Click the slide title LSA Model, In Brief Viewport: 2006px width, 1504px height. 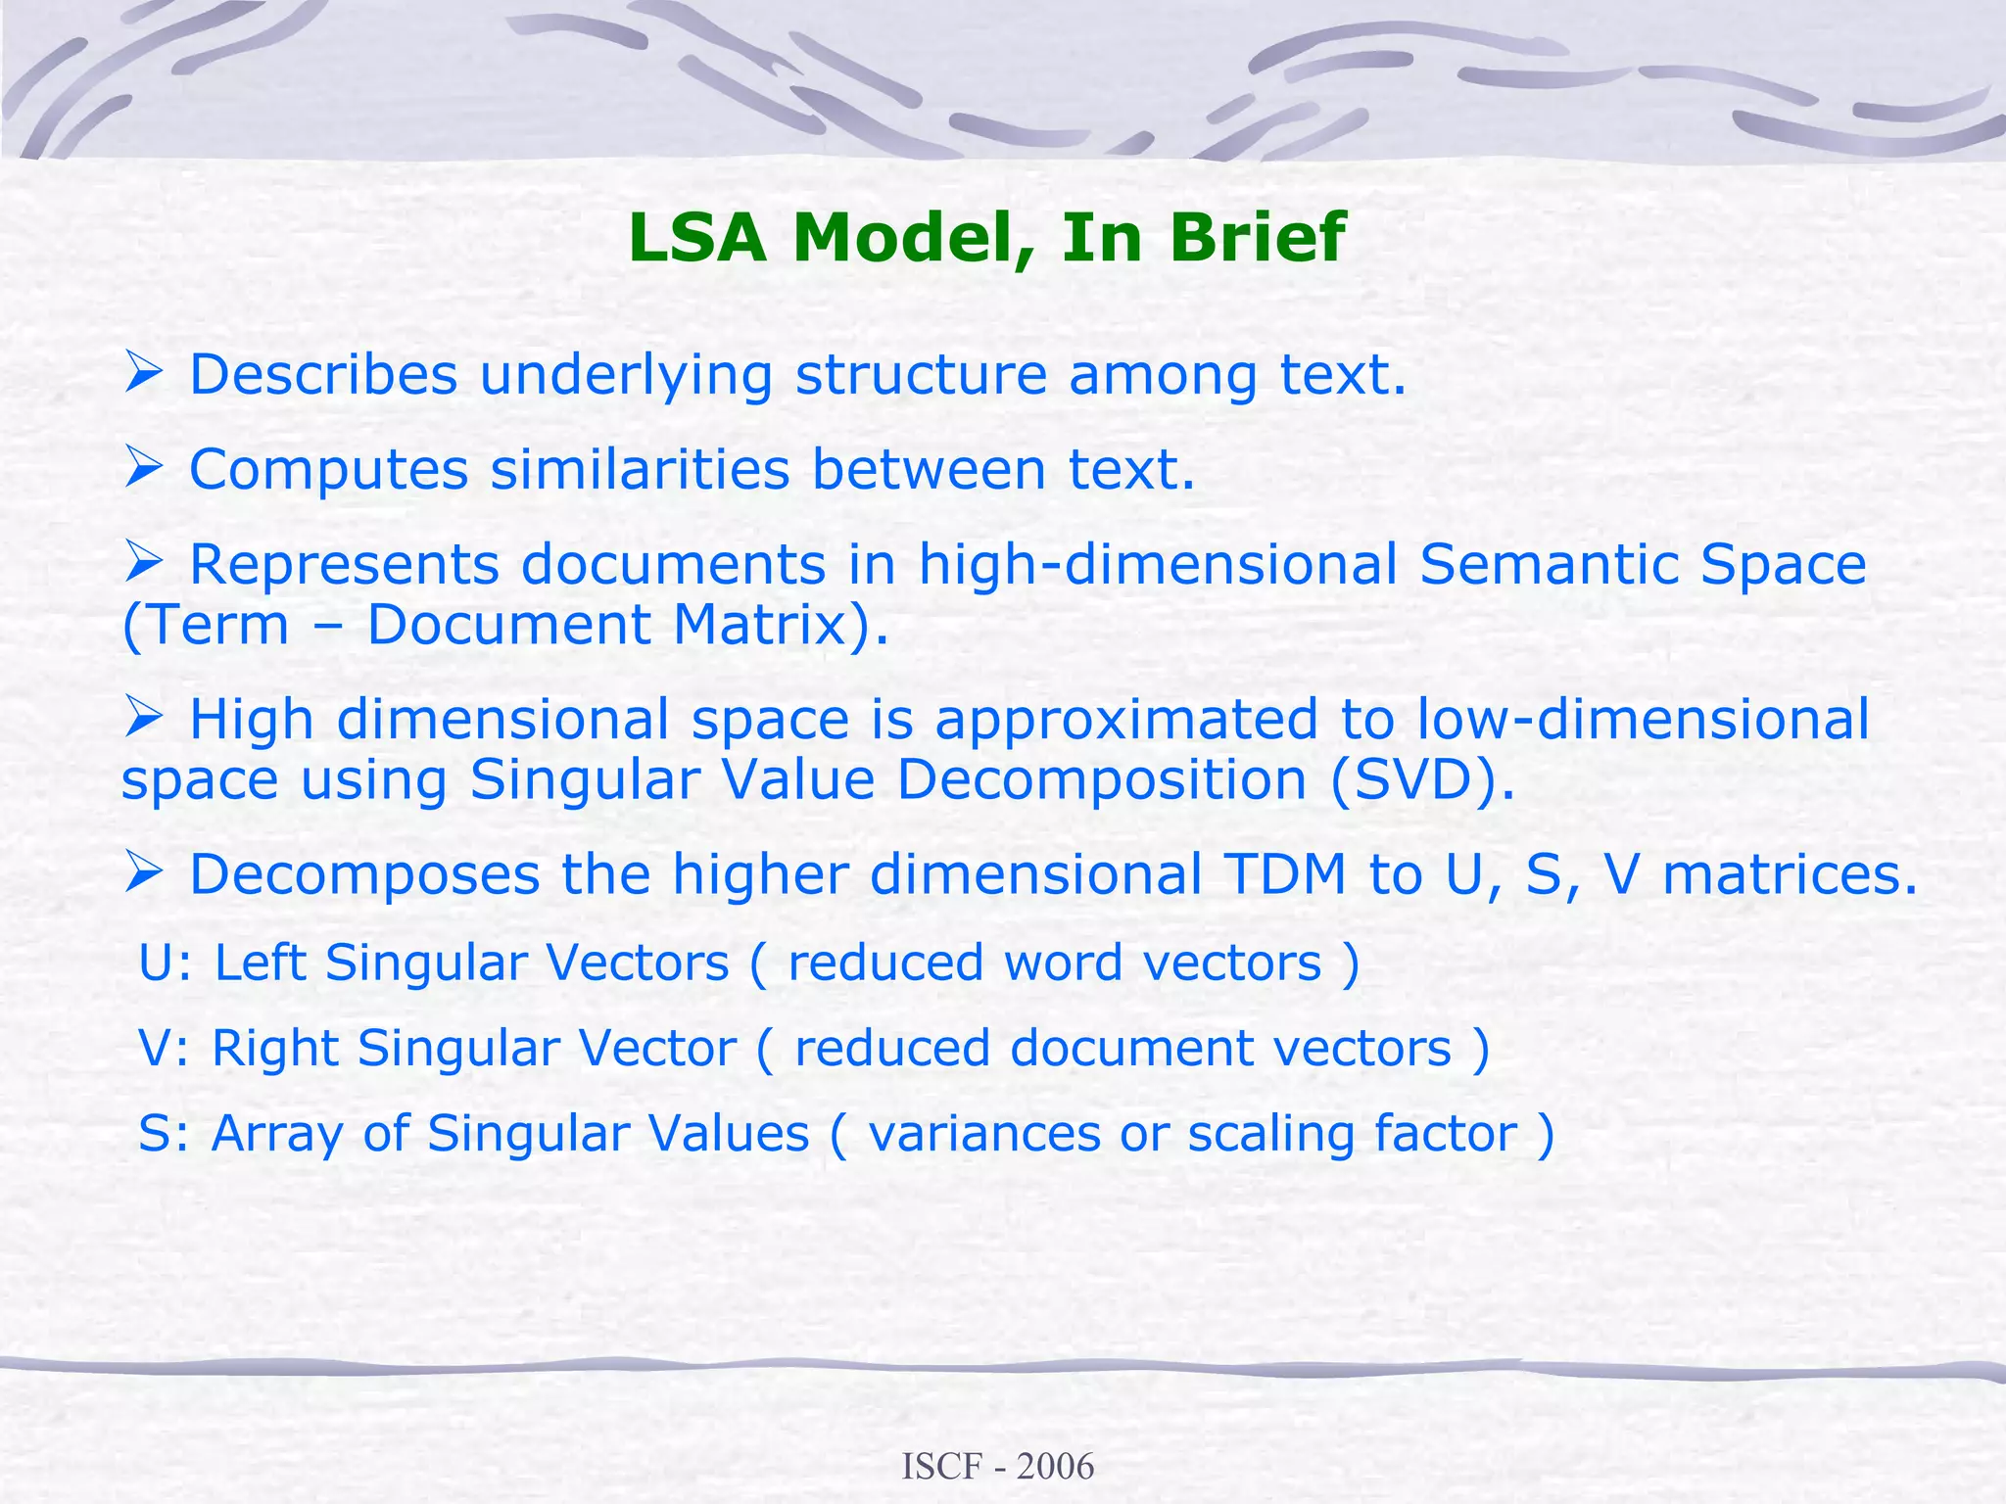(986, 238)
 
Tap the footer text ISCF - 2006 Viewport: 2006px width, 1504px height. (997, 1466)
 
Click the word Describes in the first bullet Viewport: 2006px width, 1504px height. (323, 375)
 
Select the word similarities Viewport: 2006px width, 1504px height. (640, 470)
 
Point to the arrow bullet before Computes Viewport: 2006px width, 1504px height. (143, 468)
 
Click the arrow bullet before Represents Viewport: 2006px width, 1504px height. (143, 563)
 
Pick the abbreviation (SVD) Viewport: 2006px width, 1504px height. (1421, 780)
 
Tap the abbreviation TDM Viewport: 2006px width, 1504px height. (1284, 874)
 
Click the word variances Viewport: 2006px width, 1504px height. (983, 1135)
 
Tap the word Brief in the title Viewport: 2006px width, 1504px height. (1257, 238)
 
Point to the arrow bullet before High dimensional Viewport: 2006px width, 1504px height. (143, 719)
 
